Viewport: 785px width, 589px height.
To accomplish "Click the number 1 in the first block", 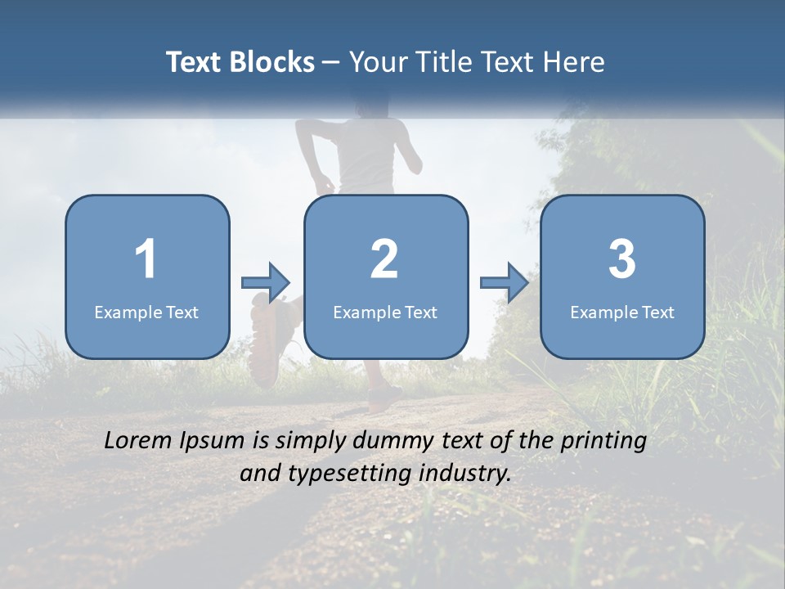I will [146, 259].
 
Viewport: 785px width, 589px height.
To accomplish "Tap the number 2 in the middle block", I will [384, 259].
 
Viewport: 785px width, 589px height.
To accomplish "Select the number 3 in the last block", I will [622, 259].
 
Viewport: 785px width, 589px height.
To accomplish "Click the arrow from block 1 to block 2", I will [266, 283].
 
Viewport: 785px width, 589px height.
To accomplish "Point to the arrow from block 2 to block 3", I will [505, 283].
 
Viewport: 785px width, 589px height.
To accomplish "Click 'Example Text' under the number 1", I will [146, 312].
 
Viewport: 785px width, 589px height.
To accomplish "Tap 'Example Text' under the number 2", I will [385, 312].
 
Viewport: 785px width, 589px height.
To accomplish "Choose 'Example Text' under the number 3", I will [622, 312].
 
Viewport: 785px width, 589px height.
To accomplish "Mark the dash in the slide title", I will [331, 63].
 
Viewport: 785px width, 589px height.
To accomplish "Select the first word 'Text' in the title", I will [195, 62].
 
